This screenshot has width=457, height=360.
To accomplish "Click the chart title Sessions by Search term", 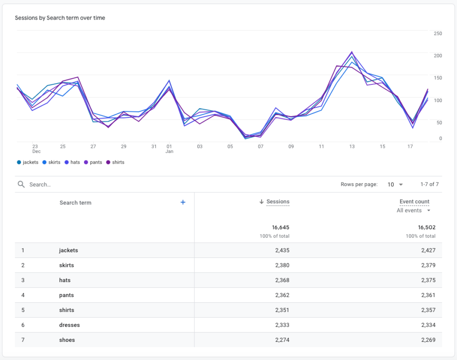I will (x=60, y=18).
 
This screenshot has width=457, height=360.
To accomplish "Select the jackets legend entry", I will (x=28, y=162).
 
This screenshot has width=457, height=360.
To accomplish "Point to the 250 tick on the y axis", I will (x=437, y=34).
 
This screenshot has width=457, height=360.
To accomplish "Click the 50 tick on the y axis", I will (x=438, y=123).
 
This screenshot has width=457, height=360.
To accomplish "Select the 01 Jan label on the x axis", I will (x=169, y=149).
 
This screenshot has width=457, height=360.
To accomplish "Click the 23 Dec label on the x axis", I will (x=36, y=149).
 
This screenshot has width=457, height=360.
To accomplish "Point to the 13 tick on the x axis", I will (x=352, y=146).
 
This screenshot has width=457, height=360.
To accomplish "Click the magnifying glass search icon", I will (x=21, y=185).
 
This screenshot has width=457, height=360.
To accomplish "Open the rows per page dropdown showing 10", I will (x=395, y=185).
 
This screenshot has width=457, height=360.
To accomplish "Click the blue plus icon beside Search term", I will (x=183, y=202).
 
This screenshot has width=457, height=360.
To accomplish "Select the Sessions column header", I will (x=277, y=202).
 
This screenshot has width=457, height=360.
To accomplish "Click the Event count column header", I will (x=414, y=202).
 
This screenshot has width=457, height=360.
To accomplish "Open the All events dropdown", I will (x=413, y=211).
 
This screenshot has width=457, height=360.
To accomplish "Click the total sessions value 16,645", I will (x=280, y=228).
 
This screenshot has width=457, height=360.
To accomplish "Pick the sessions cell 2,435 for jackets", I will (x=282, y=250).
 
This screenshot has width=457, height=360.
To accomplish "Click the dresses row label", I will (x=69, y=325).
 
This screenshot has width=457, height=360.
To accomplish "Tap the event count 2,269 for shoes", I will (x=428, y=340).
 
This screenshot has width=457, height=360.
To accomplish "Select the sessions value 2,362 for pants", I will (x=282, y=295).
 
